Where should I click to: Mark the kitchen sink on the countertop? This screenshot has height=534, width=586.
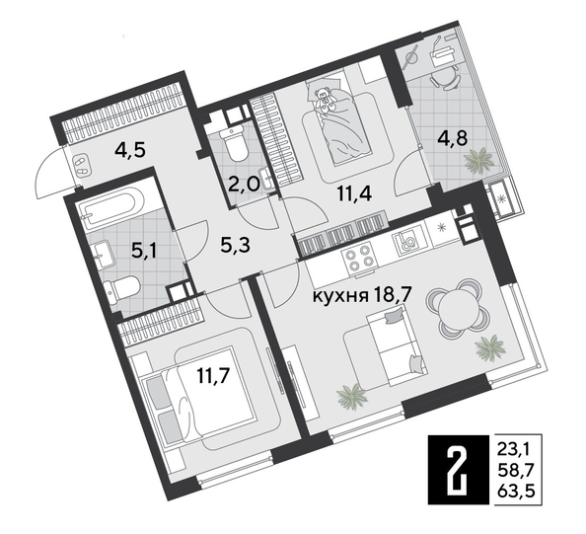click(406, 241)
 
